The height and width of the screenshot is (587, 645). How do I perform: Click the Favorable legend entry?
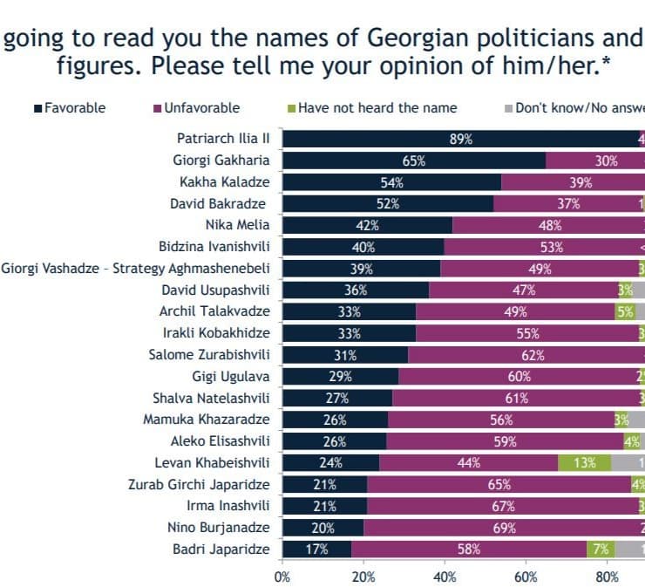[x=75, y=108]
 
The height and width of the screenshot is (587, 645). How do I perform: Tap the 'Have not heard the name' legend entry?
[x=377, y=108]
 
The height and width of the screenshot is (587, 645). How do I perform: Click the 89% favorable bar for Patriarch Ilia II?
[x=460, y=139]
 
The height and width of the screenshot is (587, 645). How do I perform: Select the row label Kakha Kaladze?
[x=224, y=182]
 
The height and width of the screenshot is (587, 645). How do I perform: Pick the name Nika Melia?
[x=241, y=225]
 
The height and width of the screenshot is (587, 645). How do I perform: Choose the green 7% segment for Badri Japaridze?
[x=601, y=549]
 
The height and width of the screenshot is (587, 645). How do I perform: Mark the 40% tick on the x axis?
[x=445, y=577]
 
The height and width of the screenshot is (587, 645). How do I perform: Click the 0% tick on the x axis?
[x=282, y=577]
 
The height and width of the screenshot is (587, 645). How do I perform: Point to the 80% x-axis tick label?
[x=607, y=577]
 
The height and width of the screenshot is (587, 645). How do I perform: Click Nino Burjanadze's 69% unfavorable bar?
[x=504, y=527]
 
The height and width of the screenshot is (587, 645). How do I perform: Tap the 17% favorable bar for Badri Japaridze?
[x=316, y=549]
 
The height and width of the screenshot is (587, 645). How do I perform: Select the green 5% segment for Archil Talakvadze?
[x=625, y=311]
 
